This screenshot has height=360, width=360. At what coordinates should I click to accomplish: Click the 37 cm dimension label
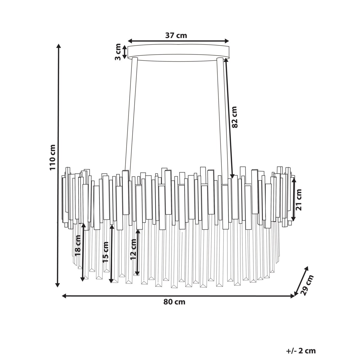tap(176, 35)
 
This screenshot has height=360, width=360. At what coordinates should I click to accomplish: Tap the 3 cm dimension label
tap(118, 52)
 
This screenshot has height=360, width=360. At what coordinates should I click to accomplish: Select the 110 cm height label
tap(52, 157)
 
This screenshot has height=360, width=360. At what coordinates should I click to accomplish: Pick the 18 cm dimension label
tap(77, 246)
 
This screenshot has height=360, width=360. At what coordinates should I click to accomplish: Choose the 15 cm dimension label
tap(106, 252)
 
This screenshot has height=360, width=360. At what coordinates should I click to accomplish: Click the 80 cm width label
tap(174, 302)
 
